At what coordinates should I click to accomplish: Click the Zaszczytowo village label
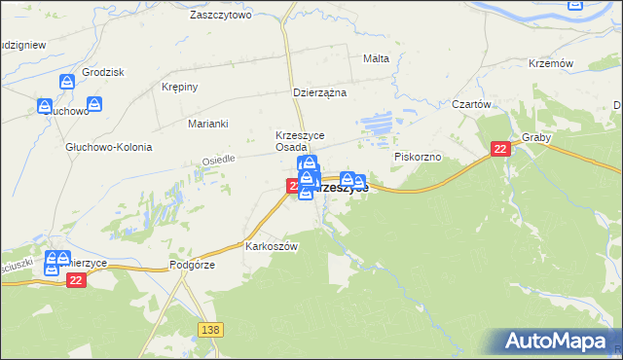(221, 16)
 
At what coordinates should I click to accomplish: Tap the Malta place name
(376, 58)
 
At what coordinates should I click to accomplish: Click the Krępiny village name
(179, 87)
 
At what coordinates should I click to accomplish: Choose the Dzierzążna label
(320, 93)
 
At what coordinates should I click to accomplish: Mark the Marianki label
(207, 124)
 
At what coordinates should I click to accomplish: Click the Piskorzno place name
(419, 156)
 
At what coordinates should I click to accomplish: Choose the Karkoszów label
(272, 246)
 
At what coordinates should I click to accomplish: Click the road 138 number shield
(209, 330)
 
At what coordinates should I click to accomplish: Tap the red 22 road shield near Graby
(500, 149)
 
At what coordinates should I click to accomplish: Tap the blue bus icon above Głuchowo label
(46, 107)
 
